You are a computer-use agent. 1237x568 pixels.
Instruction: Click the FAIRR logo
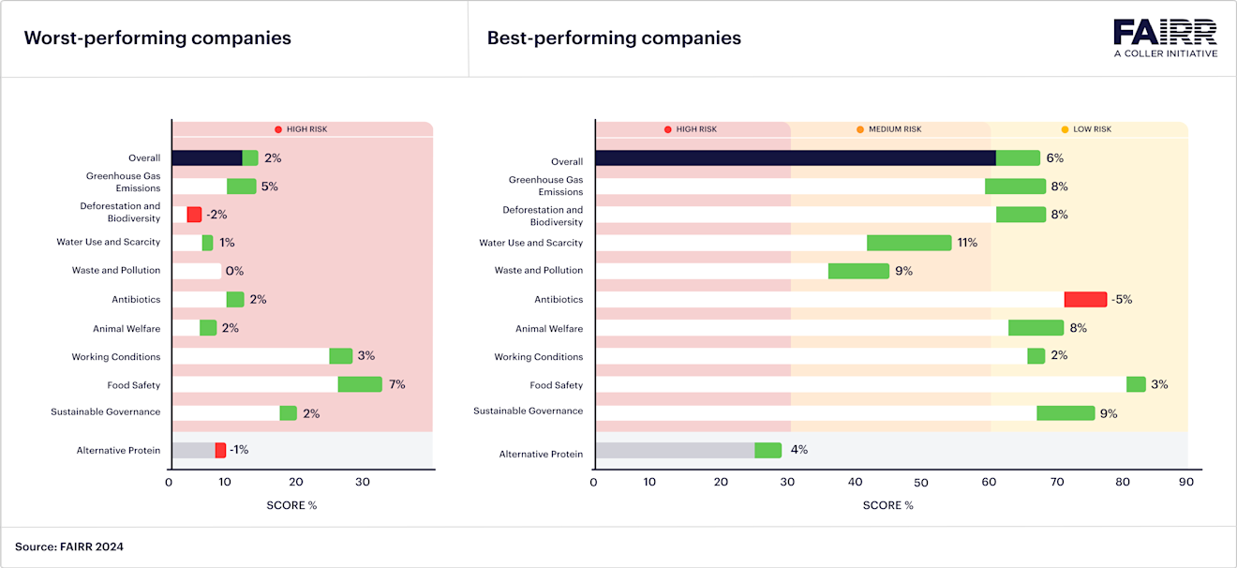point(1165,37)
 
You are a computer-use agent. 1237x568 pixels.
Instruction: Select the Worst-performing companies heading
point(157,38)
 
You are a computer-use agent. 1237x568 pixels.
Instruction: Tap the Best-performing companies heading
point(614,38)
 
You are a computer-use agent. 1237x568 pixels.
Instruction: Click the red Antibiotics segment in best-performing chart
point(1085,299)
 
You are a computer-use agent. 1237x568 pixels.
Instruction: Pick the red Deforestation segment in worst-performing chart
point(194,215)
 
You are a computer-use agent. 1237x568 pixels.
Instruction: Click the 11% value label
point(966,243)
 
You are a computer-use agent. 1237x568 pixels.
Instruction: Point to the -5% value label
point(1122,300)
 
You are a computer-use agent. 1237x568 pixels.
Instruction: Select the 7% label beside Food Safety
point(396,384)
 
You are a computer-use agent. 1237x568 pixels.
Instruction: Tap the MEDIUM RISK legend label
point(895,129)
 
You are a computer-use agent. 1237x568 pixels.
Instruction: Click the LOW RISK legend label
point(1092,129)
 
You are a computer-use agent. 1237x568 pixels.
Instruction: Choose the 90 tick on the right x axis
point(1185,483)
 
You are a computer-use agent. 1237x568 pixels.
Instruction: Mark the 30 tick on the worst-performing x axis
point(362,483)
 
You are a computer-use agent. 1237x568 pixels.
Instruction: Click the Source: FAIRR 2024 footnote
point(69,546)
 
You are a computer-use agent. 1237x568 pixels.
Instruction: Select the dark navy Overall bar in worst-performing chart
point(206,157)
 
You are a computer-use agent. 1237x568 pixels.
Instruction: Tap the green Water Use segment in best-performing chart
point(909,243)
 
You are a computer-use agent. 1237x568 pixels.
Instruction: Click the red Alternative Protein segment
point(220,450)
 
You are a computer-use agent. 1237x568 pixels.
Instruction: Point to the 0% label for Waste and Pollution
point(234,271)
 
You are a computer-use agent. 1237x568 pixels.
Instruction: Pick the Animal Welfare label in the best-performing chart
point(549,329)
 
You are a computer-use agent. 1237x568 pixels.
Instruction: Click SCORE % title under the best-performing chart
point(887,505)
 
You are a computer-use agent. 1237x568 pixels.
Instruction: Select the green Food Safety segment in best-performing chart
point(1136,384)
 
